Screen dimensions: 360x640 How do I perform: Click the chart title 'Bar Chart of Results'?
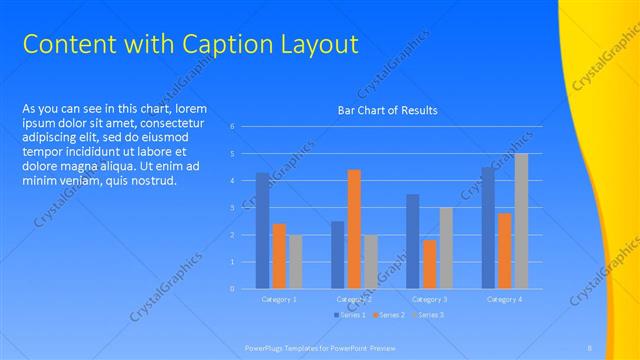click(x=386, y=110)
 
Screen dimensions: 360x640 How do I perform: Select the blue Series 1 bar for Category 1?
click(x=262, y=231)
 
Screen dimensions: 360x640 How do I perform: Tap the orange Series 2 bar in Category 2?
click(x=354, y=229)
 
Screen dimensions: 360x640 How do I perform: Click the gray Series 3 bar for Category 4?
click(x=521, y=221)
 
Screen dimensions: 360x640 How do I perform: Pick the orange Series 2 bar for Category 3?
click(x=429, y=264)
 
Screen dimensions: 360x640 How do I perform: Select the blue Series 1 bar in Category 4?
click(x=487, y=228)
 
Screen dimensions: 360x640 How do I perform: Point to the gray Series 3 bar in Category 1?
click(x=296, y=261)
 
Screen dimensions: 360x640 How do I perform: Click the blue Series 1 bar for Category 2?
click(x=337, y=255)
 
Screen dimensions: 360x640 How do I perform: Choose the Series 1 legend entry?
click(x=351, y=315)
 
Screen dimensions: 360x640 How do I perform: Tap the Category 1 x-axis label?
click(x=279, y=299)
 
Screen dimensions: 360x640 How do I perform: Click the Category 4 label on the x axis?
click(x=504, y=299)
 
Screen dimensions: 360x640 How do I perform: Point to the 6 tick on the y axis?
click(x=232, y=127)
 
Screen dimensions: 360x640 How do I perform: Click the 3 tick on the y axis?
click(x=232, y=208)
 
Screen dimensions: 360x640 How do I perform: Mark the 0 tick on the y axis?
click(x=232, y=289)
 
